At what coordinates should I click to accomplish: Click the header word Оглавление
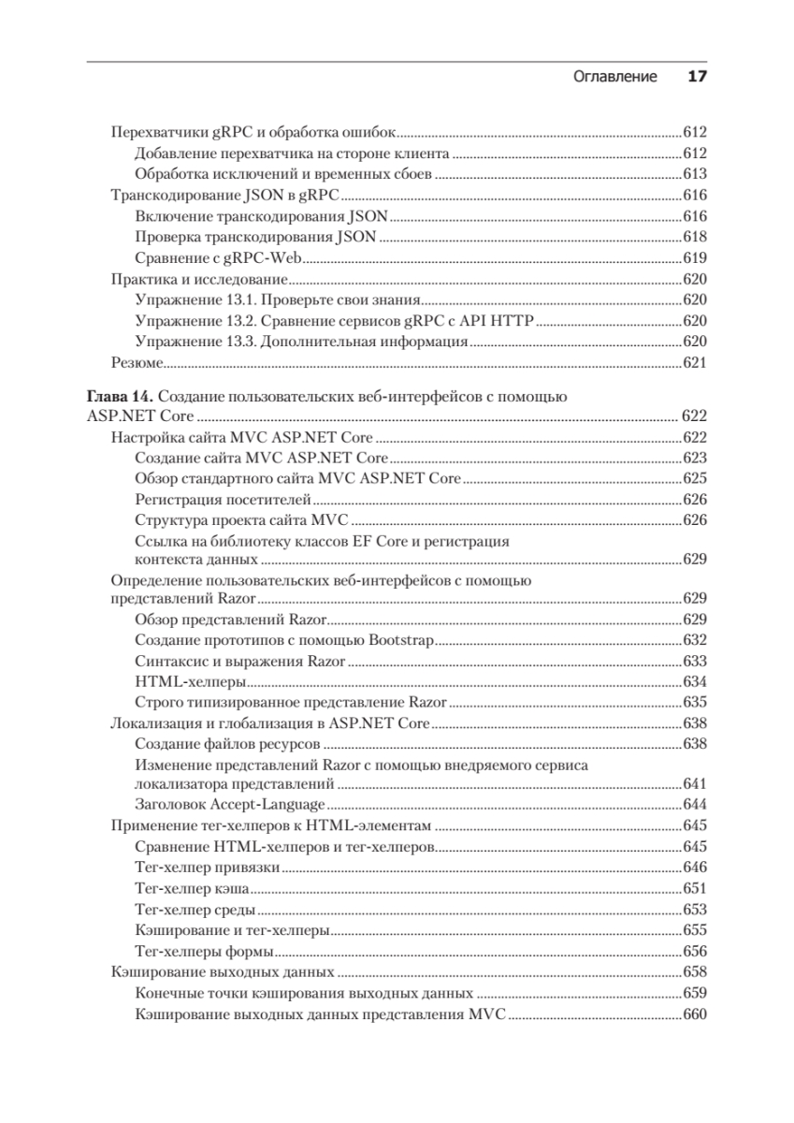point(614,77)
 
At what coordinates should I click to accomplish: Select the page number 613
point(694,174)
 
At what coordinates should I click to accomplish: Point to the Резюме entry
point(137,363)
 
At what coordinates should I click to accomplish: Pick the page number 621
point(694,363)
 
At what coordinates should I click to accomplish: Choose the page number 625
point(694,479)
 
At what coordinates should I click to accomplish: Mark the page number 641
point(694,783)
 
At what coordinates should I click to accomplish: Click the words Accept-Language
point(274,804)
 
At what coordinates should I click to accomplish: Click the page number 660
point(694,1014)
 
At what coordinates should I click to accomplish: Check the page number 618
point(694,238)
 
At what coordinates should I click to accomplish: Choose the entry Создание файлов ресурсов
point(228,744)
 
